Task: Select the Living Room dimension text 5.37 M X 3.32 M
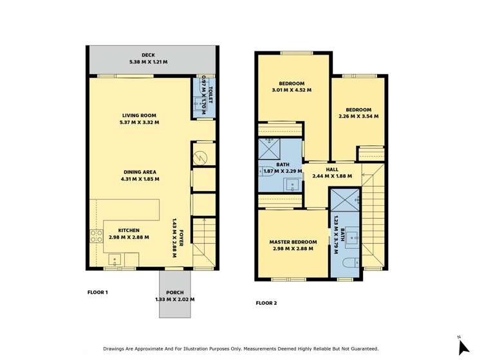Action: click(x=140, y=122)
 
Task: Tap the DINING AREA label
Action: click(x=140, y=172)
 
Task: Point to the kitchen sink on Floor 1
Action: click(x=116, y=260)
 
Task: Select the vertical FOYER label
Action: click(x=181, y=236)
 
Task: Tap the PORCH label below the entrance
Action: click(x=174, y=292)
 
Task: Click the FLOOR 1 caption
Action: click(x=97, y=292)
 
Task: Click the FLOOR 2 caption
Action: click(x=266, y=303)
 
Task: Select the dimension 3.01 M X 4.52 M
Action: click(x=292, y=91)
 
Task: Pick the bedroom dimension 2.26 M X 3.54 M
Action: click(x=358, y=117)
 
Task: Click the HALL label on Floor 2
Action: click(x=332, y=169)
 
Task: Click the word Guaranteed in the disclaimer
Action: click(x=358, y=349)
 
